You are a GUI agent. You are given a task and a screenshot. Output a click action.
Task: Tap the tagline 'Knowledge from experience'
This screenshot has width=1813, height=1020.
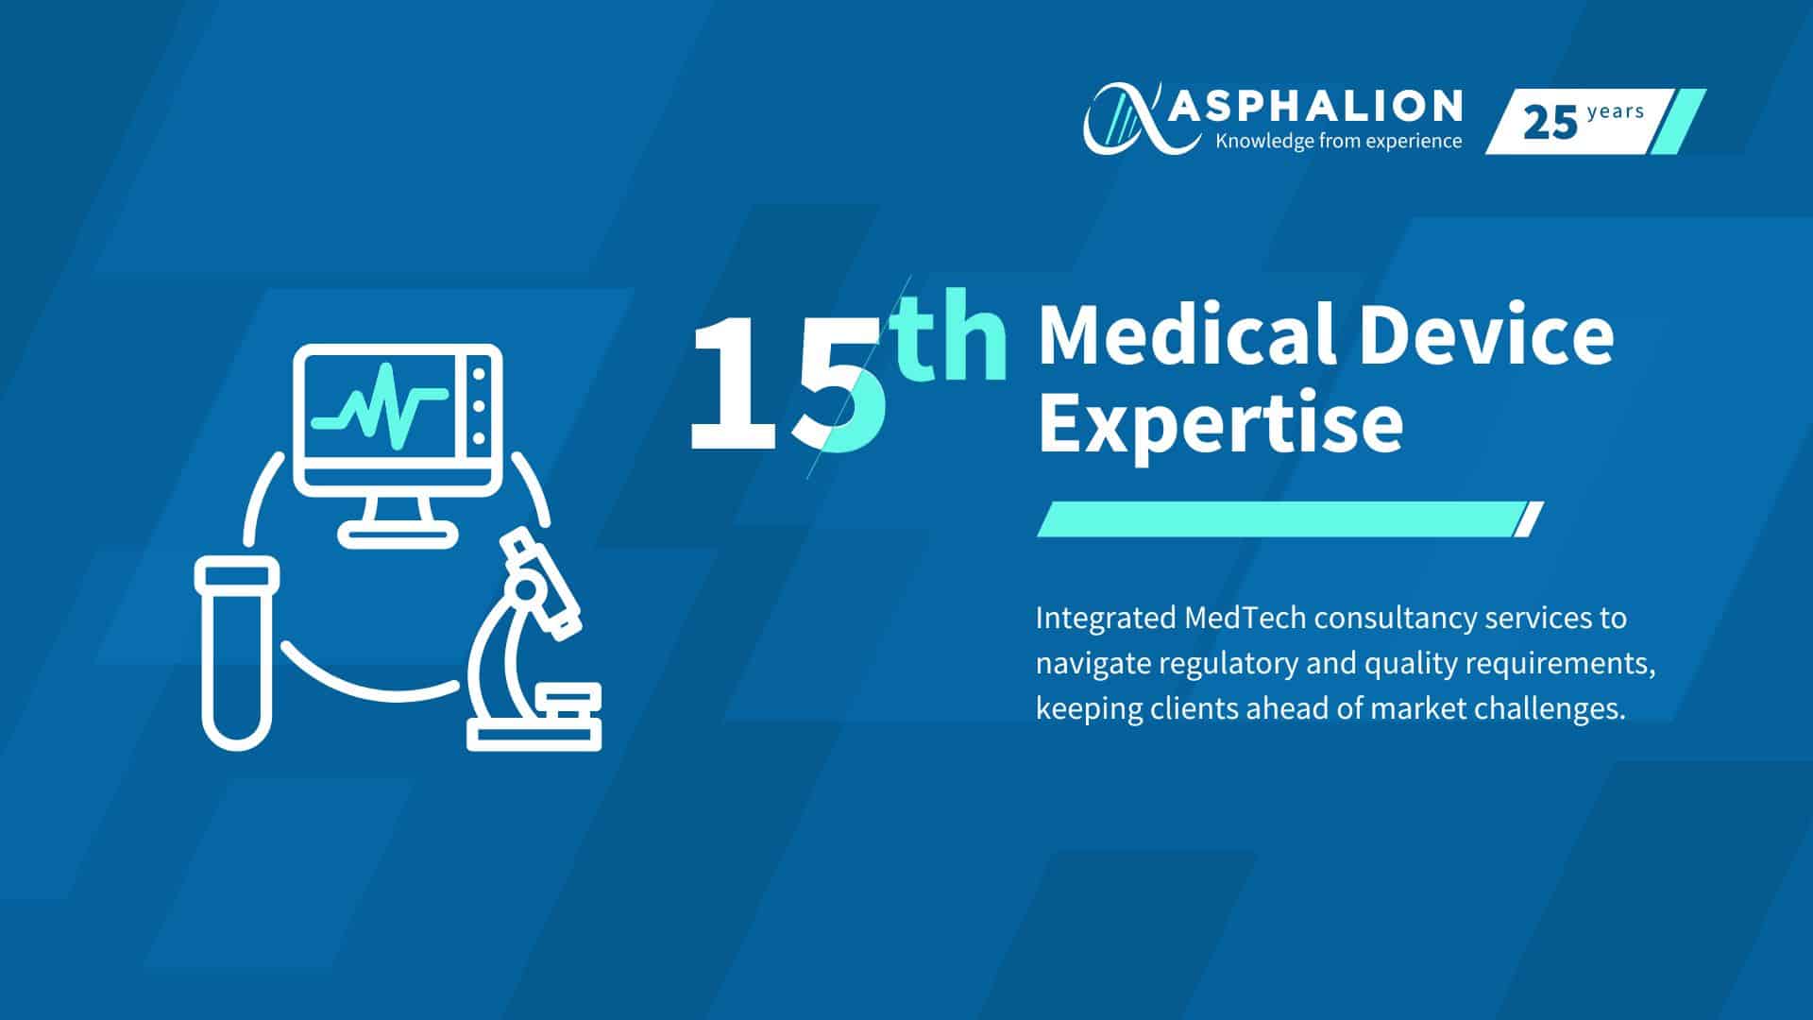(1339, 142)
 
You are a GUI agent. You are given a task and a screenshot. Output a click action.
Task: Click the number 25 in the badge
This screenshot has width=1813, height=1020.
(1550, 123)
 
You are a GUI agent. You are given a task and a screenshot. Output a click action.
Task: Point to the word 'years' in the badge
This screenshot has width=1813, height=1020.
(1616, 111)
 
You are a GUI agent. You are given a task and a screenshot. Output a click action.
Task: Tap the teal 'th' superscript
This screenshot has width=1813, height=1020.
(950, 340)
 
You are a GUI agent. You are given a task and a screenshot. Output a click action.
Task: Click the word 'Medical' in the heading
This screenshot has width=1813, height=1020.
(1186, 335)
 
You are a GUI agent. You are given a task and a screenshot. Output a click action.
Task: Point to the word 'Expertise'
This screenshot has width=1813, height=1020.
(1220, 425)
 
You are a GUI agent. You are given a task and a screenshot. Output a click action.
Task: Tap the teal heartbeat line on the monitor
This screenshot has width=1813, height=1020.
(380, 404)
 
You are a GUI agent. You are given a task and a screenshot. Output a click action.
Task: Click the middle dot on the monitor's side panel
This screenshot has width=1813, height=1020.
(479, 407)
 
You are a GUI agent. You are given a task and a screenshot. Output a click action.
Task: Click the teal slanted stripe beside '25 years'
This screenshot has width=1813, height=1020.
(1678, 121)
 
